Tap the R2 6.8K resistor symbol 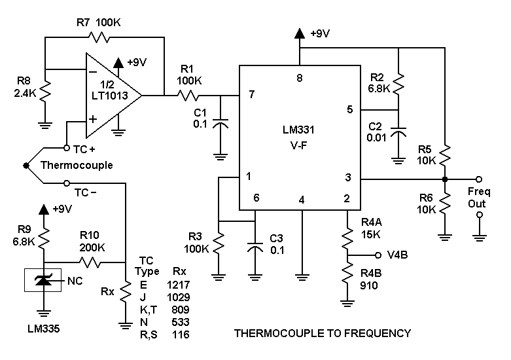398,84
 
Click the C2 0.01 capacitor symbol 398,135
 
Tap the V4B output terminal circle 377,255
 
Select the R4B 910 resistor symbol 347,276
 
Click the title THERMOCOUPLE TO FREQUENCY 322,333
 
